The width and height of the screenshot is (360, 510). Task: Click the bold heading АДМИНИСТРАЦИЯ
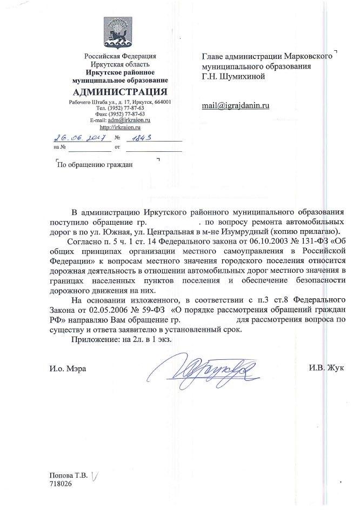pyautogui.click(x=119, y=90)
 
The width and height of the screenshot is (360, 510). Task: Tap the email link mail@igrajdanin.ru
pyautogui.click(x=235, y=106)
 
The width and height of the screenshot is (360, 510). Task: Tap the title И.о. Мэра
pyautogui.click(x=67, y=368)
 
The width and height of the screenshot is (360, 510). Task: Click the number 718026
pyautogui.click(x=60, y=484)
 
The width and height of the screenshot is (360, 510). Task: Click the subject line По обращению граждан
pyautogui.click(x=95, y=165)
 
